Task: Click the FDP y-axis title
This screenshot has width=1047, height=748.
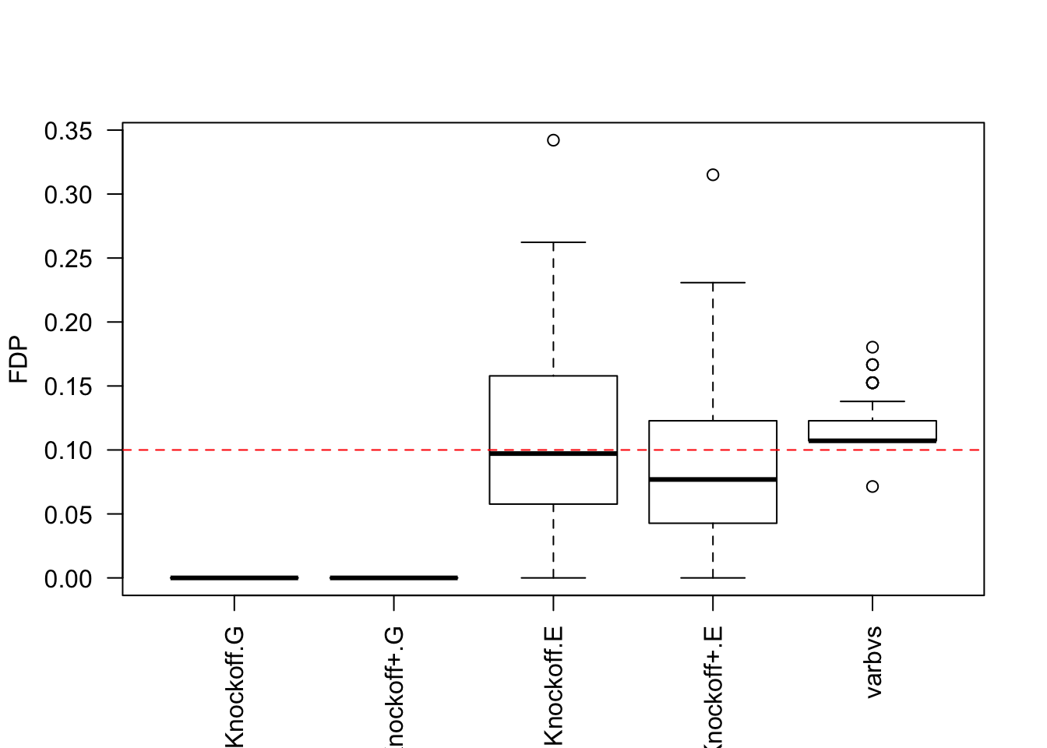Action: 19,360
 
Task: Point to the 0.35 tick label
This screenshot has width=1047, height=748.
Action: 69,131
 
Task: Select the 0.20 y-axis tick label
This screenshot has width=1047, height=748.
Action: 69,323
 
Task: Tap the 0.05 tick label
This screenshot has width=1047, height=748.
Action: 69,514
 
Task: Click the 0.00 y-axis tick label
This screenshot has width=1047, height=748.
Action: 69,578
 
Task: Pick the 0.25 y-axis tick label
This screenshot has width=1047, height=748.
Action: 69,259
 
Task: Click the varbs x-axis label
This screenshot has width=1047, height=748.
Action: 873,662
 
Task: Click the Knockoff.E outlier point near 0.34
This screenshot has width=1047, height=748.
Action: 553,140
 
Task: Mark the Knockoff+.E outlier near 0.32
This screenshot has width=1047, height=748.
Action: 713,175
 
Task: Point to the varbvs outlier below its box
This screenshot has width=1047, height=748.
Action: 872,486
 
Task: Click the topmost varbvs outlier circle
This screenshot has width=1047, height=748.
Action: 872,348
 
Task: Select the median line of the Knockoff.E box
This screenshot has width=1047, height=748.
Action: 553,453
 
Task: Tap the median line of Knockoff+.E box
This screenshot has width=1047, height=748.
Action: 713,479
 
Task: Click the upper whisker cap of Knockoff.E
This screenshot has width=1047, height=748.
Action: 553,242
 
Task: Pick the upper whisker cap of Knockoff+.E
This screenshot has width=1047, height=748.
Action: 713,283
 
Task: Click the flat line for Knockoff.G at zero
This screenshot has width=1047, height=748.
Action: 234,577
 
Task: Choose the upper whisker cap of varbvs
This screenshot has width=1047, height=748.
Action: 872,401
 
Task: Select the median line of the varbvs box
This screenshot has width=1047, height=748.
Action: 872,440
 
